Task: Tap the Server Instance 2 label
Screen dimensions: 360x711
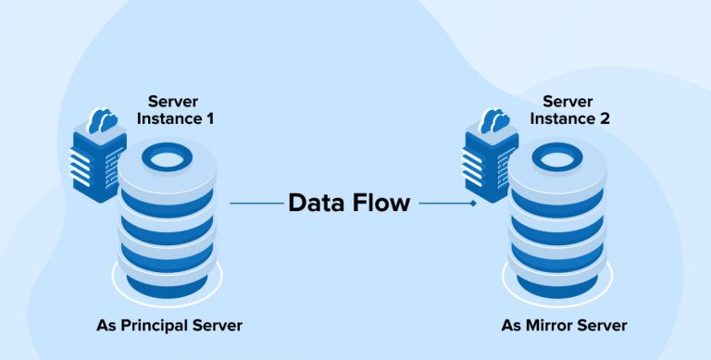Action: pos(568,109)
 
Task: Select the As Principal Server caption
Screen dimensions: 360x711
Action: pos(171,326)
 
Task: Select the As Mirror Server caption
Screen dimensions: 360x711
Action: pos(564,326)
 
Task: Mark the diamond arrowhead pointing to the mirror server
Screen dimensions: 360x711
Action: pos(474,203)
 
